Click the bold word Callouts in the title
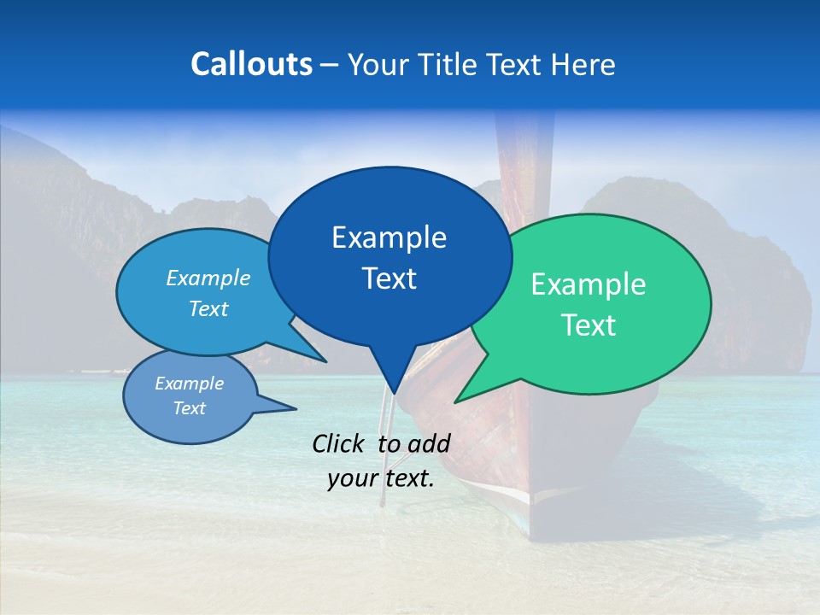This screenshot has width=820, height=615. [x=251, y=64]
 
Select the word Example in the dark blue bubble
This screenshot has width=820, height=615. [x=389, y=237]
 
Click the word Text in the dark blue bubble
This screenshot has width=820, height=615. [x=389, y=278]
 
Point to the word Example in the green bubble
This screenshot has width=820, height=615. [x=589, y=284]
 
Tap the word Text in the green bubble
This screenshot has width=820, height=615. [x=589, y=325]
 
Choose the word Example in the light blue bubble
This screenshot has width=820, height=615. [x=208, y=278]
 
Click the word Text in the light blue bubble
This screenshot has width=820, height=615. [x=208, y=308]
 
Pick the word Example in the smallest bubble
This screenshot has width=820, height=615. [x=189, y=384]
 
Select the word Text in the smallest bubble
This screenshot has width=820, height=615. [x=189, y=408]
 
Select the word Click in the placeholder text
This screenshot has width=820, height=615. [x=339, y=443]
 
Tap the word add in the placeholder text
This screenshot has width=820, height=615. [x=430, y=443]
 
